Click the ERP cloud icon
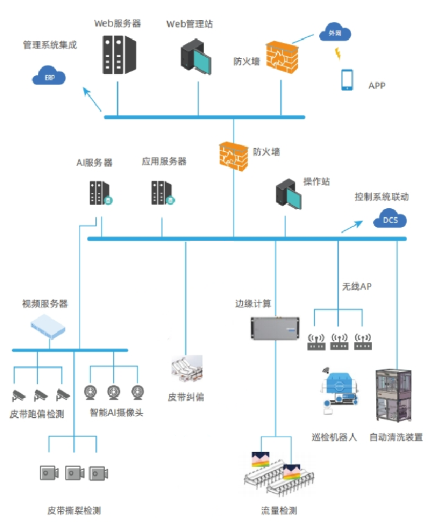click(49, 77)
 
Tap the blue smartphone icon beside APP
click(347, 80)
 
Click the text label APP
click(377, 86)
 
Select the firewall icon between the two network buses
click(234, 156)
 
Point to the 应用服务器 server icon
click(163, 193)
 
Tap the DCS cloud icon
click(389, 219)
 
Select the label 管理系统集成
click(50, 45)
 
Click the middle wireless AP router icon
click(339, 342)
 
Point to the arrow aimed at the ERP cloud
click(92, 100)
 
